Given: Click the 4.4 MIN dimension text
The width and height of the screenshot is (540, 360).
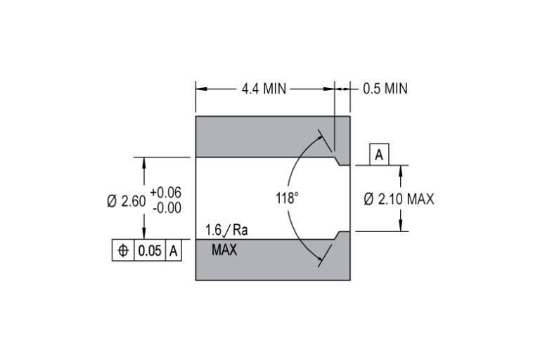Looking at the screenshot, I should coord(264,89).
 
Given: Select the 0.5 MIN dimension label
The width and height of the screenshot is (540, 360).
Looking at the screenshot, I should coord(385,89).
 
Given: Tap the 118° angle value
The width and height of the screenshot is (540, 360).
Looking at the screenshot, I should coord(287,198).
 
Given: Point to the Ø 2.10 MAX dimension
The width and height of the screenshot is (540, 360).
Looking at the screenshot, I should coord(399,199).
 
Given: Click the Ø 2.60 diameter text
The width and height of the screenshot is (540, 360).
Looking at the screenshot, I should coord(126,200).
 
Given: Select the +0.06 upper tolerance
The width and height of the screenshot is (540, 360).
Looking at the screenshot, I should coord(165,192).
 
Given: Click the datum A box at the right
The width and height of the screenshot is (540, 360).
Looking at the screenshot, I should coord(379,155).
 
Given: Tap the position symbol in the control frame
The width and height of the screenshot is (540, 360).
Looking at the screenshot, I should coord(123,251).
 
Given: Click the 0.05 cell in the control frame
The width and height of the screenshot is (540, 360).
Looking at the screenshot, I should coord(150,251).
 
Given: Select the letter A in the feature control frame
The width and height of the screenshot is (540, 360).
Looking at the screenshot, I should coord(174,251).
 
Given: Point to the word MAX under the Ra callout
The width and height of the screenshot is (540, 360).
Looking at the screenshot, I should coord(224,249).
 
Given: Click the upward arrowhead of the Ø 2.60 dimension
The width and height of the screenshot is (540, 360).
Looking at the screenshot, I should coord(144,161).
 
